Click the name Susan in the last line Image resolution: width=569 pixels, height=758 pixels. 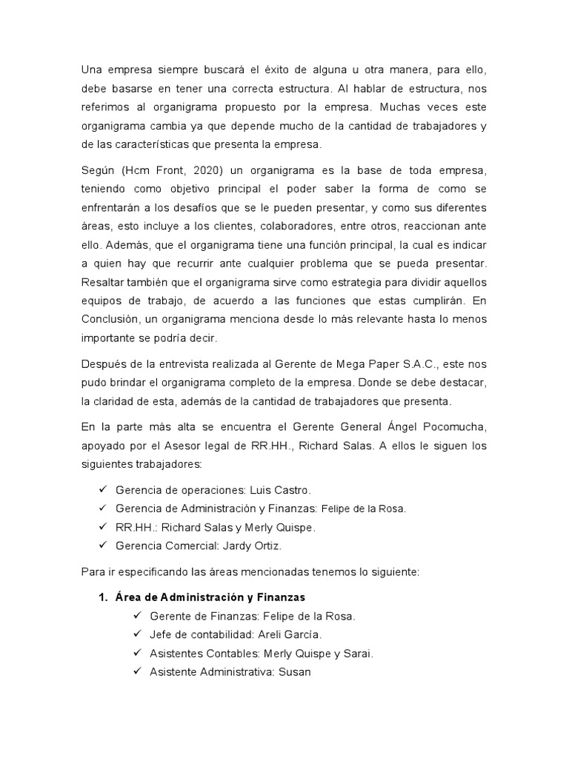(x=294, y=671)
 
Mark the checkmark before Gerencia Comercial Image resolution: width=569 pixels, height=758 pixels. (x=102, y=546)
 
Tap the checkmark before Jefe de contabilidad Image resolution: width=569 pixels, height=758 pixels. (x=136, y=634)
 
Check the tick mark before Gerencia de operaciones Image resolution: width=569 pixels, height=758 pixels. (x=102, y=490)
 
